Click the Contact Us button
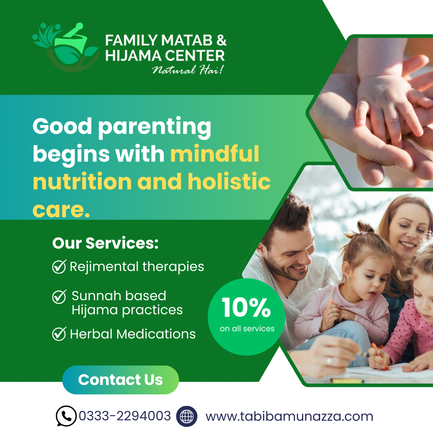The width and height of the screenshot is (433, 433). [x=121, y=380]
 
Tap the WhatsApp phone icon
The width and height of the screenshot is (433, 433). [x=66, y=416]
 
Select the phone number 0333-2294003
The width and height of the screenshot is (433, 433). [x=125, y=416]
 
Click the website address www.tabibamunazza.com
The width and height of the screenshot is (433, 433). [x=289, y=416]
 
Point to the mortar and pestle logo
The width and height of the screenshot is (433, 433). [x=66, y=47]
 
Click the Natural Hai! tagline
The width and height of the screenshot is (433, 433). [x=188, y=70]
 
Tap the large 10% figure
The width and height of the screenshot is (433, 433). [x=246, y=307]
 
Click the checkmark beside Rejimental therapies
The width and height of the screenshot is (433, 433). [x=59, y=267]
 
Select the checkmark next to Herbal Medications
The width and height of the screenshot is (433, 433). [x=59, y=334]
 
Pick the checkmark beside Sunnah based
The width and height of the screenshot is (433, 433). [x=59, y=297]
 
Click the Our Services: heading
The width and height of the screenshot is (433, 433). [x=105, y=243]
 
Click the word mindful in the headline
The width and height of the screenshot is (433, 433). [x=215, y=154]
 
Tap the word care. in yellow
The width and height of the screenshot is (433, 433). [x=61, y=210]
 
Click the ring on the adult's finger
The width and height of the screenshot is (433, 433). [x=329, y=362]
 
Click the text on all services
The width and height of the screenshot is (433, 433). [x=247, y=329]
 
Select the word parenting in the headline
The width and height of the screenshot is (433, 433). [x=155, y=127]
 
